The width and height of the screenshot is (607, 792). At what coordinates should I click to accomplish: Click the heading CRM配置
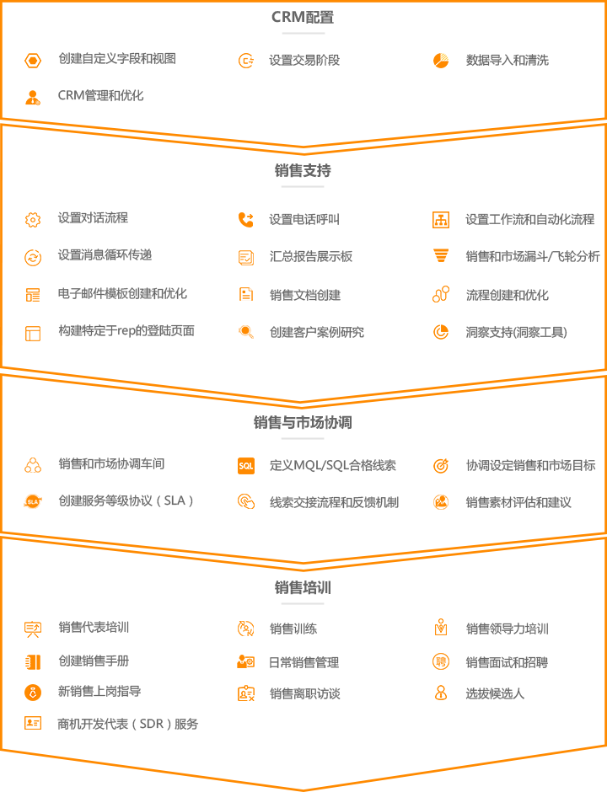tap(303, 17)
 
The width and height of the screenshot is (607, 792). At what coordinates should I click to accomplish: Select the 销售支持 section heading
tap(303, 171)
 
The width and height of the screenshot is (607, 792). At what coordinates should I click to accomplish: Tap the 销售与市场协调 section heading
tap(303, 422)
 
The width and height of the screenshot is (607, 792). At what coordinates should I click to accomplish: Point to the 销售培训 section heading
tap(303, 587)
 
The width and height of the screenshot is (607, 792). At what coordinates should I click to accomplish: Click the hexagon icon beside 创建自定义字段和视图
tap(33, 62)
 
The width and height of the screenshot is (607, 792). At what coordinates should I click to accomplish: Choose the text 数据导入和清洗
tap(507, 61)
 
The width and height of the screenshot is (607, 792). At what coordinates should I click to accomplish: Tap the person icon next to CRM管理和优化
tap(33, 97)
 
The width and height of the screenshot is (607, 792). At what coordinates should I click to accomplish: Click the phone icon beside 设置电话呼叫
tap(246, 220)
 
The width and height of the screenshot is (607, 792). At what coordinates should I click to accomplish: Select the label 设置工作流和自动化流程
tap(529, 219)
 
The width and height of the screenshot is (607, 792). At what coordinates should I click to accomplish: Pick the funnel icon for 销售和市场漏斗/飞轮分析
tap(441, 255)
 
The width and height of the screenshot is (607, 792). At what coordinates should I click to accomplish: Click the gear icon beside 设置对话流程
tap(33, 220)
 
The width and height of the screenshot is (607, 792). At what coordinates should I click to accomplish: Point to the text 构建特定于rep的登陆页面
tap(126, 331)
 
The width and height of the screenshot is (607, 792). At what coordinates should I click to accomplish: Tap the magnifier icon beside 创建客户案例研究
tap(246, 332)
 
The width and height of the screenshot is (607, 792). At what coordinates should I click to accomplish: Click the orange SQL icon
tap(246, 466)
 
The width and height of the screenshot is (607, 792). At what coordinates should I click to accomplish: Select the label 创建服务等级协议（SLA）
tap(126, 500)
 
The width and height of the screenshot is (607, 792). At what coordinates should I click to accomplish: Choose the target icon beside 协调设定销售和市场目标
tap(441, 466)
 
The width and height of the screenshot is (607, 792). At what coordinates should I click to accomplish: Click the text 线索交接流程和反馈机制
tap(334, 502)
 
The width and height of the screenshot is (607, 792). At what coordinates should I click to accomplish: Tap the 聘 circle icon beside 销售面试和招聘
tap(441, 661)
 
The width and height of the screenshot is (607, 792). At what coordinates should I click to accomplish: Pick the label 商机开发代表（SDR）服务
tap(128, 724)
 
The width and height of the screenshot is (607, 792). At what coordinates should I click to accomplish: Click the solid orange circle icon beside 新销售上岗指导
tap(33, 692)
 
